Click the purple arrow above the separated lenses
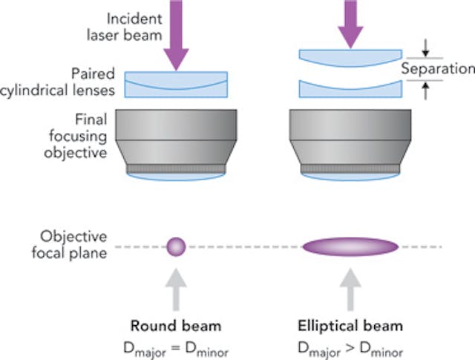pos(350,22)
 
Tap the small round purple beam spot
pos(176,246)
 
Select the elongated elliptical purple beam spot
pos(350,246)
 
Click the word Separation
pos(437,69)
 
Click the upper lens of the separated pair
pos(350,56)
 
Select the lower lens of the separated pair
pos(350,88)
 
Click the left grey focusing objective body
pos(176,141)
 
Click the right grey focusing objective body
pos(350,141)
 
